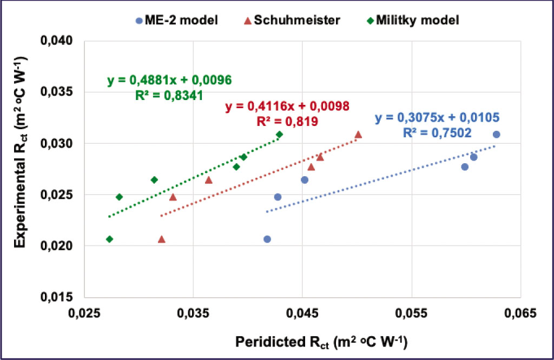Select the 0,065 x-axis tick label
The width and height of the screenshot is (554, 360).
[x=520, y=313]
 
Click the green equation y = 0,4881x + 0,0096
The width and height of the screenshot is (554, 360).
[x=169, y=81]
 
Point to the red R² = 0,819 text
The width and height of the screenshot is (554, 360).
[x=287, y=121]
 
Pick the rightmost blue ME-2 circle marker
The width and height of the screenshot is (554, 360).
[x=496, y=134]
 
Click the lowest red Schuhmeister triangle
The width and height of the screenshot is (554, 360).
[x=161, y=239]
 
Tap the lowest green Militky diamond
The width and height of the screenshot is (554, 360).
[x=110, y=239]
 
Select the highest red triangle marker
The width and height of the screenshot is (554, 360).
[x=358, y=135]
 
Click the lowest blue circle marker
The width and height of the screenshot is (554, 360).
[x=267, y=239]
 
